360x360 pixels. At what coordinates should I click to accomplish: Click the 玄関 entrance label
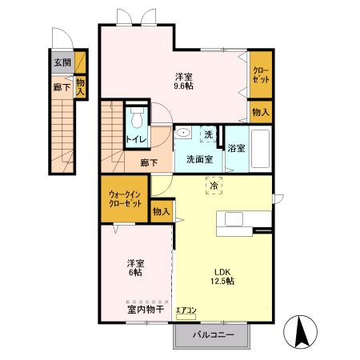click(62, 62)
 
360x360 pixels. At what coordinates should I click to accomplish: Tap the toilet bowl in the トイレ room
click(137, 119)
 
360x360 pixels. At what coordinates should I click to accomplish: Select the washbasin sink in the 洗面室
click(183, 133)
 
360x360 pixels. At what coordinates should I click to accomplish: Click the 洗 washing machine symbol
click(209, 134)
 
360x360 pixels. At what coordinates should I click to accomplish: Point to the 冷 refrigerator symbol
click(214, 186)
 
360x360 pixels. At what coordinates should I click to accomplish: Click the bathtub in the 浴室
click(261, 149)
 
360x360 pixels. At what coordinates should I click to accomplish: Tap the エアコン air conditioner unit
click(186, 317)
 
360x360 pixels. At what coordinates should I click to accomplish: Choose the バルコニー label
click(214, 334)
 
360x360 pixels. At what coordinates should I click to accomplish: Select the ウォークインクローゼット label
click(125, 199)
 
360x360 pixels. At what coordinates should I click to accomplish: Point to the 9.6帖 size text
click(184, 86)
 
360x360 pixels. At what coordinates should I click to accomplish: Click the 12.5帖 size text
click(222, 281)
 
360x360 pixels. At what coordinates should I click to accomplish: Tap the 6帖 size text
click(135, 273)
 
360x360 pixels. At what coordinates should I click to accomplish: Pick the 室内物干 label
click(146, 310)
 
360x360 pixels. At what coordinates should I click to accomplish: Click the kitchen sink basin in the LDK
click(234, 219)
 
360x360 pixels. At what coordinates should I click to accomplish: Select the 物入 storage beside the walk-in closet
click(162, 211)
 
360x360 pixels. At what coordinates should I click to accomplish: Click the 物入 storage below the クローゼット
click(261, 112)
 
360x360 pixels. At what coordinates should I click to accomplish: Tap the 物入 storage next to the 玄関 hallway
click(80, 87)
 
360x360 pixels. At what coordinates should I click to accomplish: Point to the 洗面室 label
click(199, 159)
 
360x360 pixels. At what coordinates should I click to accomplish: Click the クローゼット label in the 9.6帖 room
click(261, 75)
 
